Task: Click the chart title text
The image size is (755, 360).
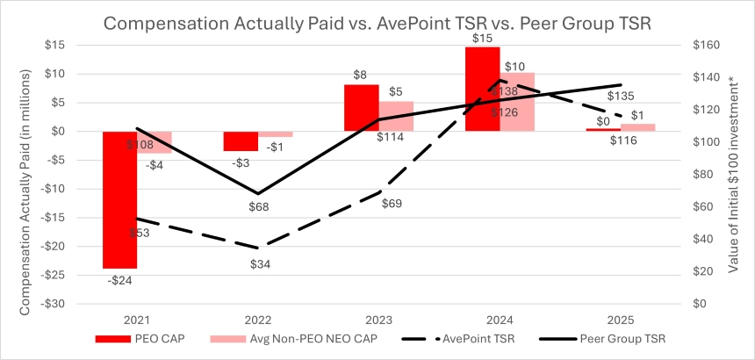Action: [377, 24]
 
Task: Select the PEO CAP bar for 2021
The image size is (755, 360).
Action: [120, 199]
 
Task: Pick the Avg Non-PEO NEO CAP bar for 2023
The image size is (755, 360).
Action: [396, 116]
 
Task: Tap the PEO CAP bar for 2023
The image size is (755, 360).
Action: [361, 108]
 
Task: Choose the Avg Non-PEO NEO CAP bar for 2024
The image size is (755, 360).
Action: [517, 102]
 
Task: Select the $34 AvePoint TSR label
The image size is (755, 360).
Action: [259, 263]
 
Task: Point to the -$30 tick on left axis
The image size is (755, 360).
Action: [55, 304]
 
